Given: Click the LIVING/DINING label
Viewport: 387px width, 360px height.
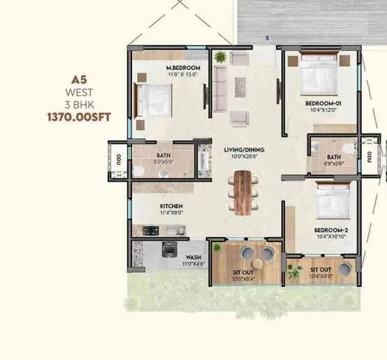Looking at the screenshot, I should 244,149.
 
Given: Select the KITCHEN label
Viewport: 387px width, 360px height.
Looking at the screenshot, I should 169,206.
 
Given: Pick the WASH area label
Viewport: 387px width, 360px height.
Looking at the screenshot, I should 192,257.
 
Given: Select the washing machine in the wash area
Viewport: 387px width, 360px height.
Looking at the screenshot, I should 167,252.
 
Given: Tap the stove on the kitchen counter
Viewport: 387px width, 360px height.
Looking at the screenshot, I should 150,231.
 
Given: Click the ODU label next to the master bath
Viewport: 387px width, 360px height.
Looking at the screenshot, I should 118,161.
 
